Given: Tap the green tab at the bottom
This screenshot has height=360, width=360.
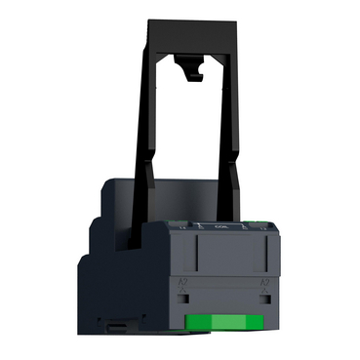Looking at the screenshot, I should tap(223, 320).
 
